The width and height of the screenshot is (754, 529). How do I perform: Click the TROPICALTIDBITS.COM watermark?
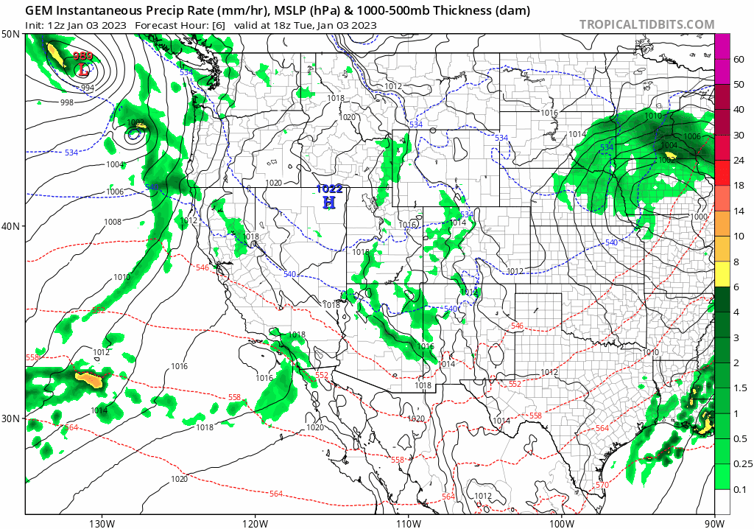[646, 24]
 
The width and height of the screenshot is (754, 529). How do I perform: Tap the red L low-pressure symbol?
[83, 71]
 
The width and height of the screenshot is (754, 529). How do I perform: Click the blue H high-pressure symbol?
[330, 202]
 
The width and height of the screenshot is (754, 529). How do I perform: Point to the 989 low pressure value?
[83, 57]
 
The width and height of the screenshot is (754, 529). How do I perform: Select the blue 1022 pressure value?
[329, 189]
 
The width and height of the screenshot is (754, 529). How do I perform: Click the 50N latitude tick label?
[11, 35]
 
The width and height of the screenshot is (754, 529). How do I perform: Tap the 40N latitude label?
[11, 226]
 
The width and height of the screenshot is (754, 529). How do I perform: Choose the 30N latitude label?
[11, 418]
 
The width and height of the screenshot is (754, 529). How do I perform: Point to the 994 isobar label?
[87, 88]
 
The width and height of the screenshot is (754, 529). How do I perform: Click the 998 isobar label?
[66, 102]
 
